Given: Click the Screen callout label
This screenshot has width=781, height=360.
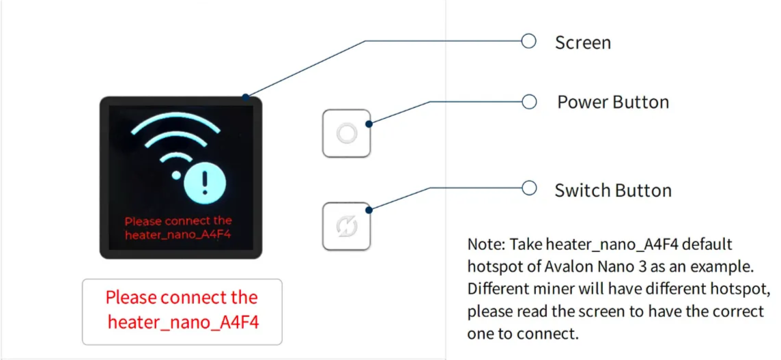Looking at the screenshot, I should click(582, 42).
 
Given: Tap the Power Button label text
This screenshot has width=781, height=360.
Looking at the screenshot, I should click(613, 102).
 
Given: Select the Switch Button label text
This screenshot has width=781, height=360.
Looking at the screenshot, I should click(612, 190).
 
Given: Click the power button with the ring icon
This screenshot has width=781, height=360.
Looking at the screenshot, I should click(347, 133).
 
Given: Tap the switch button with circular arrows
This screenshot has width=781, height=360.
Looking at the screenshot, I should click(347, 226).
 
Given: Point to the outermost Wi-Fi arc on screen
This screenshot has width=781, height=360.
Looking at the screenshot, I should click(176, 121).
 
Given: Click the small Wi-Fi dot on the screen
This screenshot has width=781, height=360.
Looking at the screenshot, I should click(176, 176).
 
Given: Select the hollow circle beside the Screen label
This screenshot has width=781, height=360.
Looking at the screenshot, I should click(528, 41).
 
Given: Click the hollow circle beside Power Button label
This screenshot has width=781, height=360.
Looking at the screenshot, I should click(528, 102).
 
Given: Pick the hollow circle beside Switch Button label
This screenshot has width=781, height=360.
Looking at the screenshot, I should click(528, 188).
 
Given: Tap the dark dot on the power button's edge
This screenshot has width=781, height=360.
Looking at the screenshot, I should click(369, 124).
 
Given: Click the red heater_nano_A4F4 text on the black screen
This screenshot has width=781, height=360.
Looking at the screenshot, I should click(179, 235).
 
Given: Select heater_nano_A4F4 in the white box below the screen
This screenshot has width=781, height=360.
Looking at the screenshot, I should click(184, 322).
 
